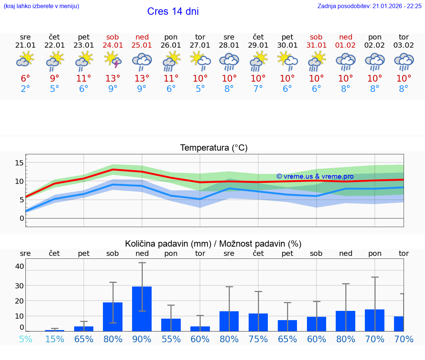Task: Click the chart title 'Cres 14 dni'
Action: [173, 11]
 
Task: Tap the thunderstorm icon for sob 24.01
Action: [113, 60]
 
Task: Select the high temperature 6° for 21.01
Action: [25, 79]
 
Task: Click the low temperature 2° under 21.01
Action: [25, 89]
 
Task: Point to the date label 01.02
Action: [346, 45]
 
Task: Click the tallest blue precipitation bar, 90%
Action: [142, 309]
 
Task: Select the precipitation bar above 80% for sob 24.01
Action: [113, 316]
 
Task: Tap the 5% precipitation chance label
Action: [25, 339]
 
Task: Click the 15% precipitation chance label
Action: [55, 339]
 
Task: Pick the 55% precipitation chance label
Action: [171, 339]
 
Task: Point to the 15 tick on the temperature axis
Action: [20, 163]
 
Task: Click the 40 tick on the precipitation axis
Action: [20, 266]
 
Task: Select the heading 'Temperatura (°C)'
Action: [214, 148]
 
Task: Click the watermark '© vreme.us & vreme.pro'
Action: [315, 176]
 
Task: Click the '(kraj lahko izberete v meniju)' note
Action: [41, 6]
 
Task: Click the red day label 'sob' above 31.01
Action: [316, 37]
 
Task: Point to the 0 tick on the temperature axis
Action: [22, 218]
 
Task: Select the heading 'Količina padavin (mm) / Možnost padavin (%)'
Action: [213, 244]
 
